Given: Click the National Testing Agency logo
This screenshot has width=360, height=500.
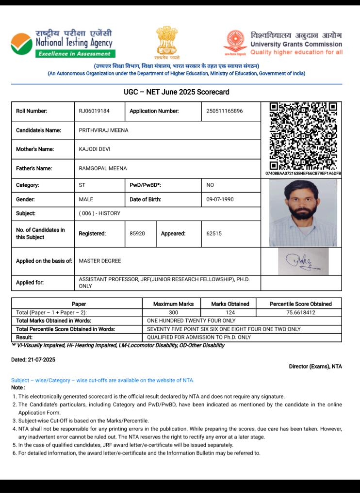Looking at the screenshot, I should [62, 43].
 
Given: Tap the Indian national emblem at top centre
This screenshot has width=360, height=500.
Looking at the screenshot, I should [166, 42].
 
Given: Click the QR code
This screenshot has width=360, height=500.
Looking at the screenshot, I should [303, 136].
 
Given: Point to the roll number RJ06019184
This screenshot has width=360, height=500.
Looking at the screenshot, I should [94, 111].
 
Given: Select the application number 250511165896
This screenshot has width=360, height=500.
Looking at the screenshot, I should [224, 111].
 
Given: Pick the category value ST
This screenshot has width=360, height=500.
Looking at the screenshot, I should [82, 185].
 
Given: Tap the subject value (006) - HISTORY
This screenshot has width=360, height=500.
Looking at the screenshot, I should [99, 213].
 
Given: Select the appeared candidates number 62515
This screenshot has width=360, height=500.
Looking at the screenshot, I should [214, 234].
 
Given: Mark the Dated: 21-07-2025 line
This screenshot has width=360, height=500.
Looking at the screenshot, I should [33, 360].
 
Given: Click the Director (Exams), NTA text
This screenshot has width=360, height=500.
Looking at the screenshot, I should [315, 367].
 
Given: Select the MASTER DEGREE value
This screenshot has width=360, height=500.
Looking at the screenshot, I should [100, 261].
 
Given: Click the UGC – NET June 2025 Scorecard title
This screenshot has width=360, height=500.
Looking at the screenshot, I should [177, 92].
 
